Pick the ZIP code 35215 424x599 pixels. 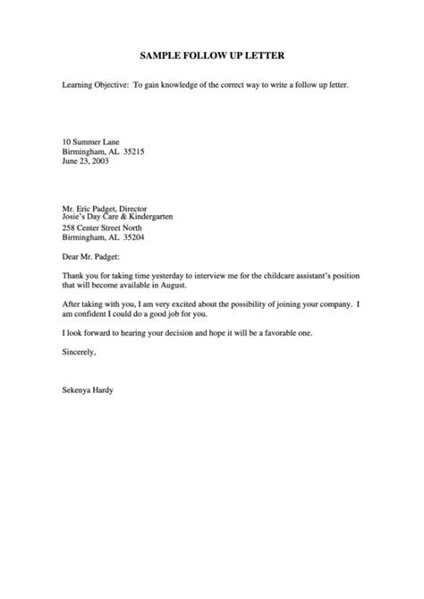coord(144,152)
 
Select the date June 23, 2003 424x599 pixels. coord(86,162)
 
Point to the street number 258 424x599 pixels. coord(70,228)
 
